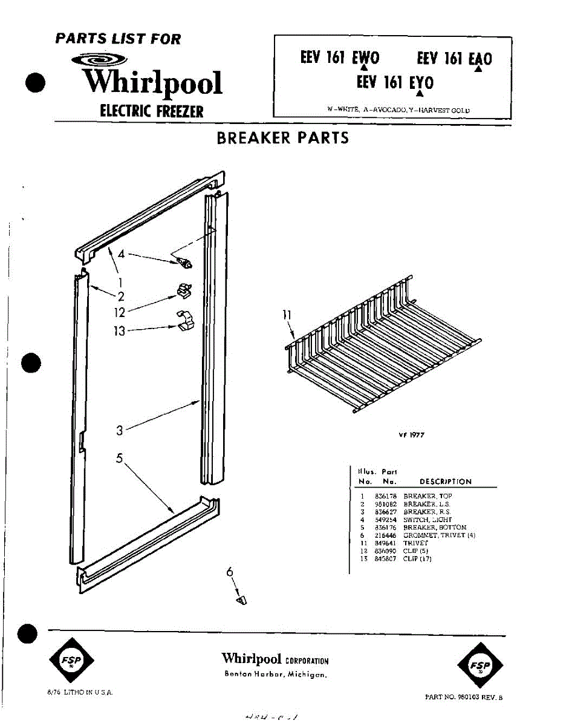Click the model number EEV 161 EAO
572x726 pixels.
[x=454, y=59]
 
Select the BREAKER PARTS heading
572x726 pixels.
[x=282, y=138]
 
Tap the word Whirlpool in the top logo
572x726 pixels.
[x=152, y=83]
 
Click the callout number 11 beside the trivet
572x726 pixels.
[x=287, y=315]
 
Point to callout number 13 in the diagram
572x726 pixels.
[x=120, y=331]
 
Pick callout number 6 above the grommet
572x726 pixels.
[x=230, y=571]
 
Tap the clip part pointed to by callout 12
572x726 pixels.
[x=183, y=292]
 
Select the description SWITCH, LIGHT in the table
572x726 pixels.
[x=427, y=520]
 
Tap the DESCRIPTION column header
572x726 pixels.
[x=445, y=482]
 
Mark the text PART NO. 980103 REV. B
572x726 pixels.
[x=464, y=697]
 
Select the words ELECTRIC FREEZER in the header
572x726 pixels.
[x=152, y=111]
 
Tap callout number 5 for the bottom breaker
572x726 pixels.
[x=120, y=459]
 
